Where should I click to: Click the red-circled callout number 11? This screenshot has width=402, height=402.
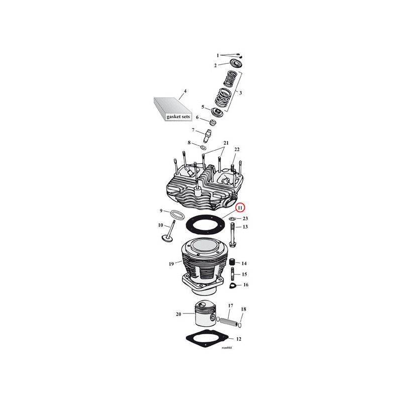coord(241,208)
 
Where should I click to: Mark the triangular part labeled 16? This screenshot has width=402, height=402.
coord(232,286)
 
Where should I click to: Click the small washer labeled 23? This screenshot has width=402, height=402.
coord(232,219)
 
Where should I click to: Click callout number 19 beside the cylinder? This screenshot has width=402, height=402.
coord(171,263)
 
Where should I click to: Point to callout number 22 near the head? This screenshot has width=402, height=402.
coord(237,150)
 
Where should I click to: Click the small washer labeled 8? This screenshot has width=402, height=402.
coord(204,148)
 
